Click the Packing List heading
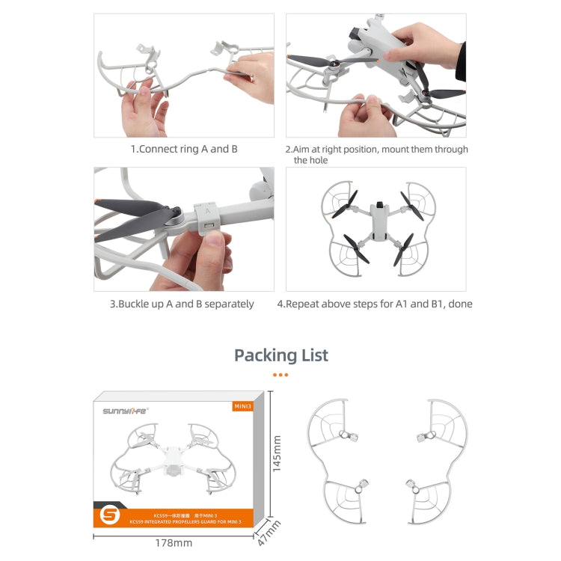[x=280, y=355]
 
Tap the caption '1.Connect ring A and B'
[x=184, y=149]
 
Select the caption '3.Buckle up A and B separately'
[x=182, y=304]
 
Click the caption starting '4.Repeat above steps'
[x=375, y=304]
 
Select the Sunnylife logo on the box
[x=126, y=410]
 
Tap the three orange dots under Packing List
[x=280, y=374]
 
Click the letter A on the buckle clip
[x=206, y=211]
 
